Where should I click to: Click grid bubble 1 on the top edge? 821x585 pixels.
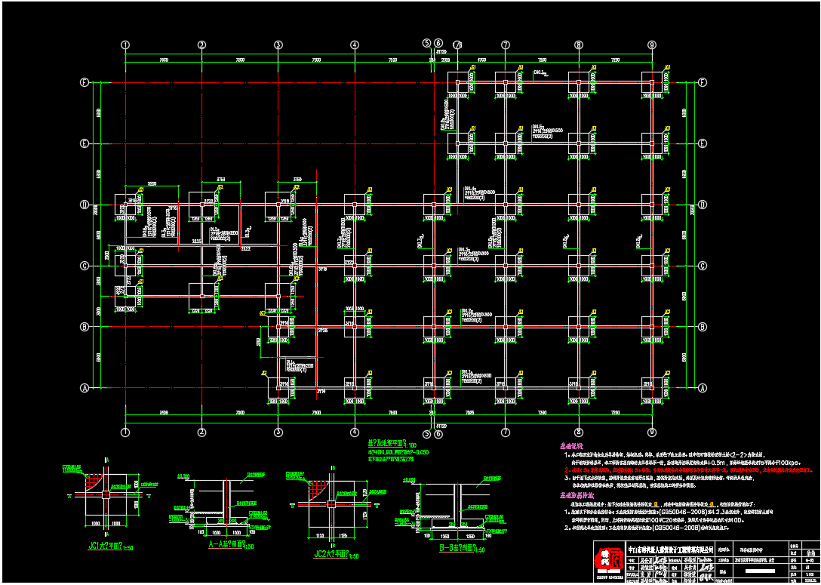[125, 45]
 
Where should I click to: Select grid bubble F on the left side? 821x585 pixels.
[85, 82]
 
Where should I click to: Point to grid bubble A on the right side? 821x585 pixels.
[703, 388]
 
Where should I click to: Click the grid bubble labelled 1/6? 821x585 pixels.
[458, 45]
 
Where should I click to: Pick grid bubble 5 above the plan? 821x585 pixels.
[426, 43]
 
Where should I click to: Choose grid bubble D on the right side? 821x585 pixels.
[703, 205]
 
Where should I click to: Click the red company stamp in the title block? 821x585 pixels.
[608, 562]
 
